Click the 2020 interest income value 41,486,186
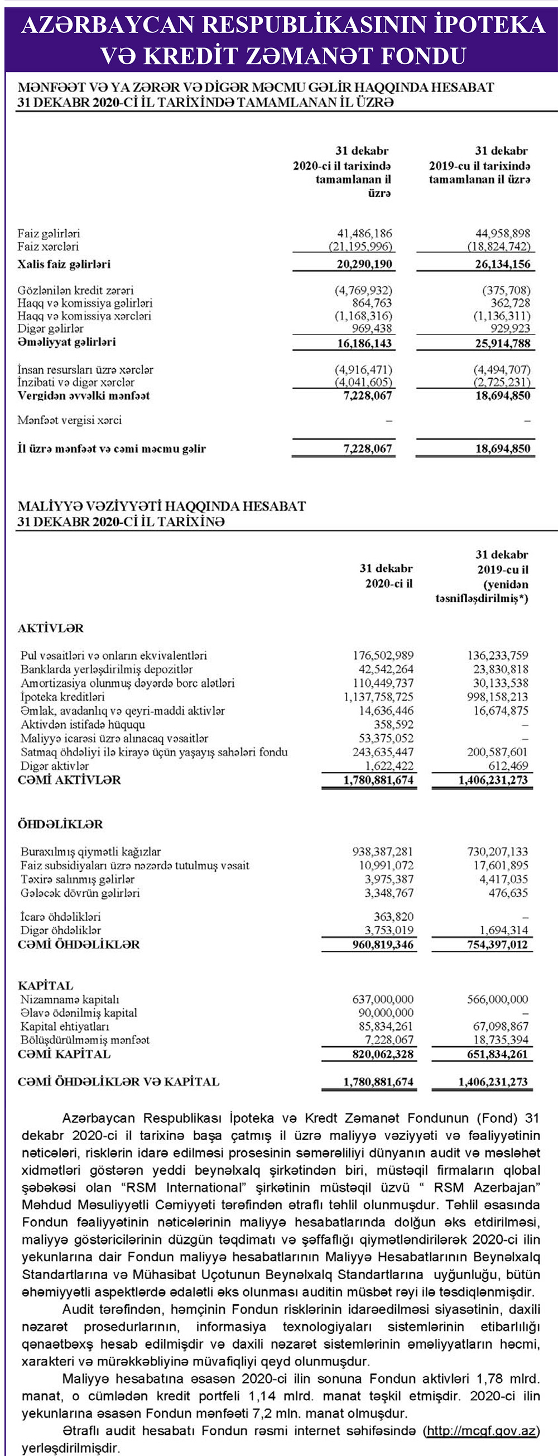(364, 233)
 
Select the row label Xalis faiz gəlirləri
(64, 265)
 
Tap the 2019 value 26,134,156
(503, 265)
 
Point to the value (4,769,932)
(363, 290)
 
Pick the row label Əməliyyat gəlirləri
(66, 343)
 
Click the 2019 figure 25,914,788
(503, 344)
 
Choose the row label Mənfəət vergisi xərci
(69, 420)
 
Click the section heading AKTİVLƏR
(50, 629)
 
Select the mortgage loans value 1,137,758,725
(378, 697)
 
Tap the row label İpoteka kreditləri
(62, 697)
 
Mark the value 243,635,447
(383, 753)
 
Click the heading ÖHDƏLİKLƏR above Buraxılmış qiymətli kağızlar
(60, 824)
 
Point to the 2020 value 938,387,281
(383, 852)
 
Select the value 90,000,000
(386, 1013)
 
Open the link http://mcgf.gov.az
(481, 1430)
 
